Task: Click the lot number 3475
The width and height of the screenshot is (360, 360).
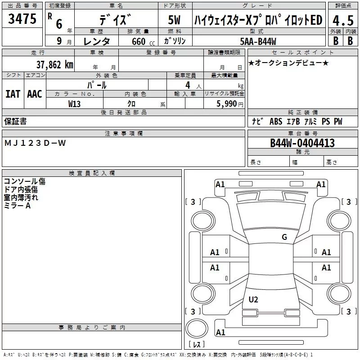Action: point(22,20)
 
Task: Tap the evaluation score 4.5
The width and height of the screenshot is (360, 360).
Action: point(342,20)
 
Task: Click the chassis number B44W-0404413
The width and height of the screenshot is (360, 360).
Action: point(302,143)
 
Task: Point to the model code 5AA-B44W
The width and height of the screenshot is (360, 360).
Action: point(258,41)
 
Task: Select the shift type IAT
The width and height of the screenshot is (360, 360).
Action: point(13,94)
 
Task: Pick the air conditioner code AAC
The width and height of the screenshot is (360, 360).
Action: point(34,94)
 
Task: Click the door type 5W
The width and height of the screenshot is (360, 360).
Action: point(174,20)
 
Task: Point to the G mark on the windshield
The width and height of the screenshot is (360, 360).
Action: point(284,237)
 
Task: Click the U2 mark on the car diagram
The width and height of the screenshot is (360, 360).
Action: point(253,299)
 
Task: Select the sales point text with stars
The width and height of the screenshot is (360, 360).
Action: point(288,63)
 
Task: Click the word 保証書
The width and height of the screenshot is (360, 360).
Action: point(15,121)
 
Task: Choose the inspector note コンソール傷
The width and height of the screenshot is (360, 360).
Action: point(25,181)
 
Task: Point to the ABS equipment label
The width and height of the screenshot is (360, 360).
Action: point(275,121)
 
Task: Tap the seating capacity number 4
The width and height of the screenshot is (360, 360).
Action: point(187,85)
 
